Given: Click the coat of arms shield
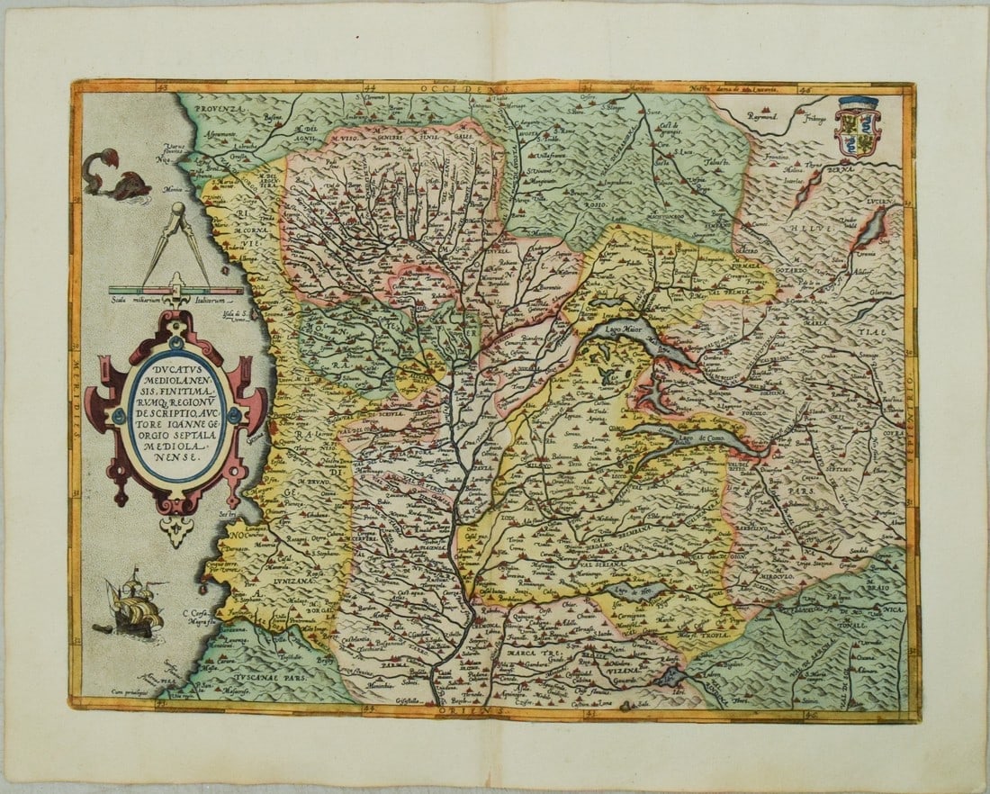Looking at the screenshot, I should point(856,128).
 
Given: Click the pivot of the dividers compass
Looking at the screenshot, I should point(176,212).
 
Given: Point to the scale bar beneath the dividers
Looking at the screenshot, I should point(175,290).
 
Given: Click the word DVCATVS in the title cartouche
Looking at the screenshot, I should point(175,367).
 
